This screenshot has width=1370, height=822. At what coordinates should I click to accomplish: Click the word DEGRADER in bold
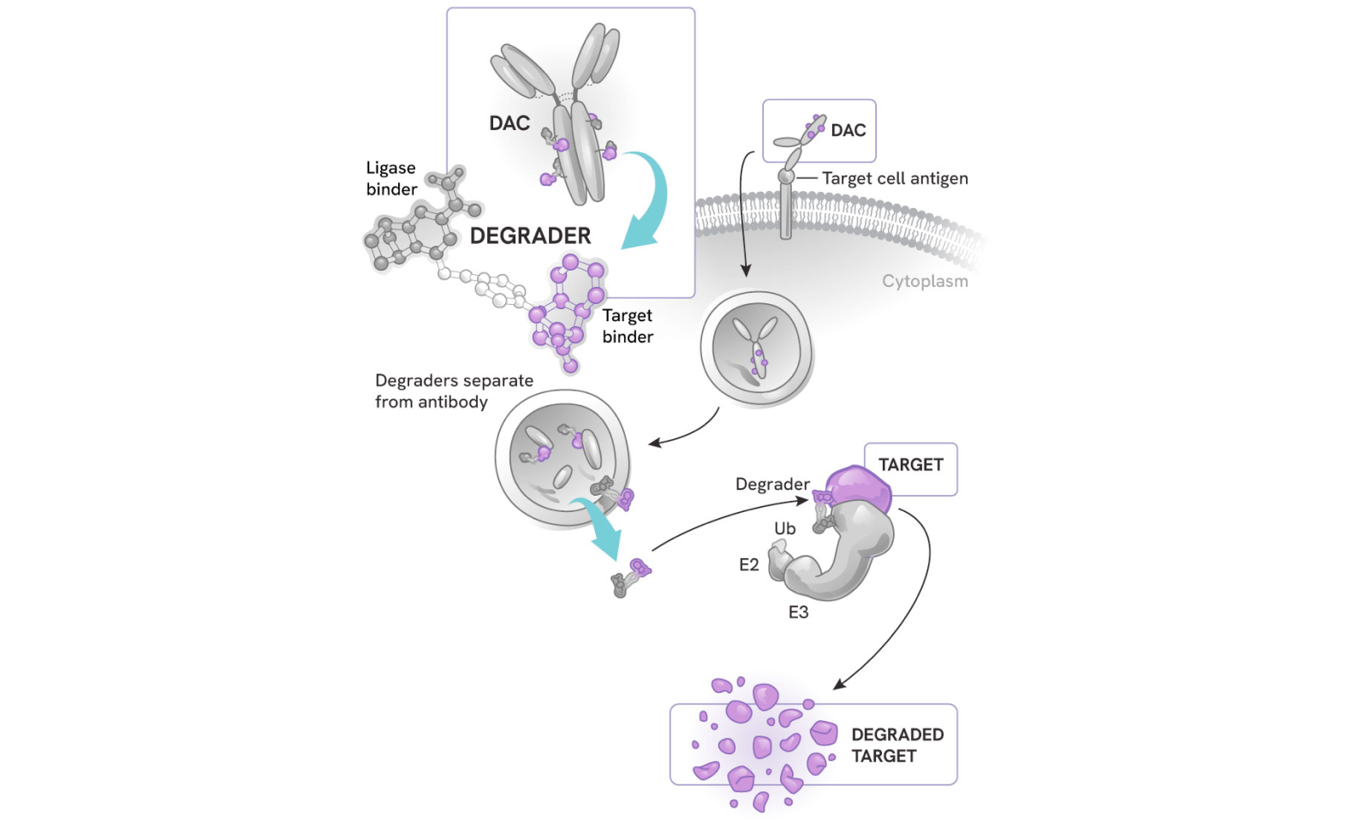[530, 235]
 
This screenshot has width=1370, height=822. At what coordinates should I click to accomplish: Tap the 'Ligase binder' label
[391, 178]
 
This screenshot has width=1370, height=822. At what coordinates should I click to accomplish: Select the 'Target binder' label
[628, 326]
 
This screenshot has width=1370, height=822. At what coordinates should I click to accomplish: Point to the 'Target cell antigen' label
[895, 178]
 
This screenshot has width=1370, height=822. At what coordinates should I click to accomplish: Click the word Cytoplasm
[925, 281]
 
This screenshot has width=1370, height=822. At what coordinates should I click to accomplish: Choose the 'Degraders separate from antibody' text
[454, 391]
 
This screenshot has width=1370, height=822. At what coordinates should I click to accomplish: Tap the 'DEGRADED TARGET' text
[896, 745]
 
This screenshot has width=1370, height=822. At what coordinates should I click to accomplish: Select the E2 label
[749, 564]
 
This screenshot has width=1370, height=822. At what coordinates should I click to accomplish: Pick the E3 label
[798, 612]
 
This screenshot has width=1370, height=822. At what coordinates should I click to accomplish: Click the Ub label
[784, 528]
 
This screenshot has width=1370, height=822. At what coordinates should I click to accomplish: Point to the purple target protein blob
[859, 489]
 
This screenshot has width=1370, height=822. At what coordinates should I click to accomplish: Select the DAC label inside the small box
[848, 130]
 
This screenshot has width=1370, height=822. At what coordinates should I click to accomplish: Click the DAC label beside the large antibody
[509, 123]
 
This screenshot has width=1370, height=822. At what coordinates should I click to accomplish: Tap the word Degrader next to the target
[772, 484]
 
